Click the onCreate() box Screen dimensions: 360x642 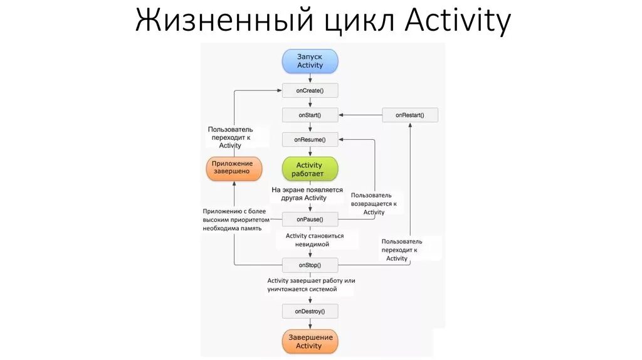[310, 91]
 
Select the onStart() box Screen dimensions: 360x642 [310, 115]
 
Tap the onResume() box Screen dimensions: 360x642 [310, 139]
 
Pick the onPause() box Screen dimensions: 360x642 [310, 219]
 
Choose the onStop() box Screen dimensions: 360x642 [310, 265]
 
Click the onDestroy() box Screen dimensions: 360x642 [310, 311]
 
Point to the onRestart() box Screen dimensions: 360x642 [410, 115]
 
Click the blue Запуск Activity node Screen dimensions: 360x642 [310, 61]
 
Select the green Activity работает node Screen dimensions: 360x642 [310, 169]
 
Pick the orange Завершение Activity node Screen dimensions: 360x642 [310, 341]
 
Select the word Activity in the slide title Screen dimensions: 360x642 [458, 22]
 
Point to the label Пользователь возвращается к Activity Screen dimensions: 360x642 [374, 204]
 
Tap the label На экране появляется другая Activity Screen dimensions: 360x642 [307, 193]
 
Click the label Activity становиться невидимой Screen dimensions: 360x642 [315, 240]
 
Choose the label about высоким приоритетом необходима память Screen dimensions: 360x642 [236, 220]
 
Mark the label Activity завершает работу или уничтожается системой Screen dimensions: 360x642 [311, 285]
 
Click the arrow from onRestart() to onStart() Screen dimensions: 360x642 [360, 115]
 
